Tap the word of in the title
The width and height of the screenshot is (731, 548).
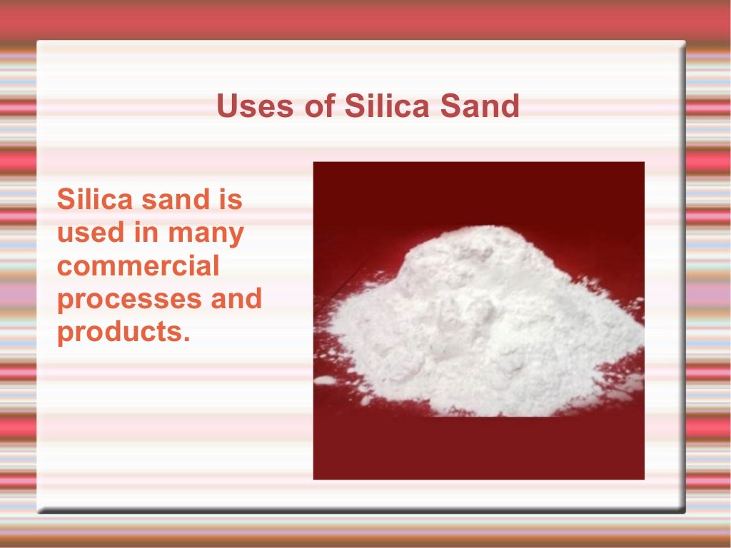pos(316,106)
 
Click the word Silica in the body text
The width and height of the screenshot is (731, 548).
pos(94,199)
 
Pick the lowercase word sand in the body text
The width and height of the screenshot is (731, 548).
pos(171,199)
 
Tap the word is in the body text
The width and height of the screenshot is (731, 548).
pos(230,199)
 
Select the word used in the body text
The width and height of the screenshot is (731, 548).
pos(88,233)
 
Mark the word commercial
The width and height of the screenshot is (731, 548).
pos(138,266)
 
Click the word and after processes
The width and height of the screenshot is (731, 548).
pos(236,298)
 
